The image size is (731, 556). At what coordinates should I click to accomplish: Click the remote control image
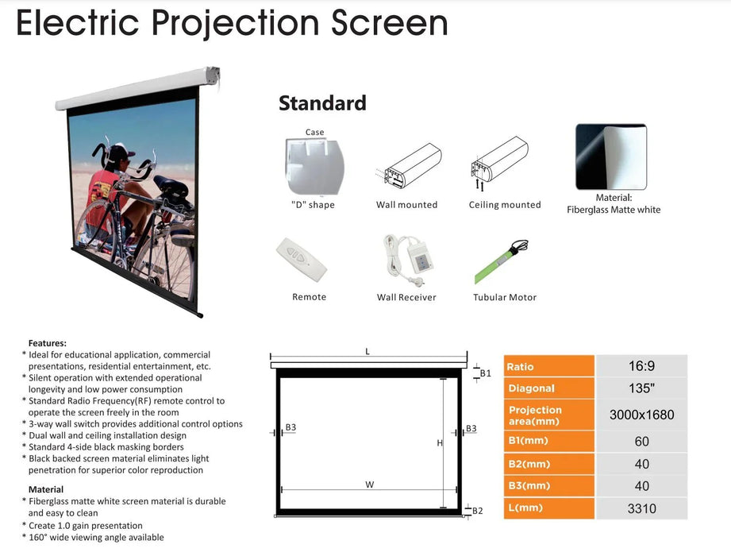click(x=302, y=260)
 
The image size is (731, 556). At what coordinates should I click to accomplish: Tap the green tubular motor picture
click(x=501, y=261)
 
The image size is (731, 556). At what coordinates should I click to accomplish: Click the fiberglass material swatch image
click(x=611, y=156)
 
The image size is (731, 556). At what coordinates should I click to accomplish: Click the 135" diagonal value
click(x=641, y=388)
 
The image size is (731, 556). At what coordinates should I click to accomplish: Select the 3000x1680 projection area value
click(x=641, y=415)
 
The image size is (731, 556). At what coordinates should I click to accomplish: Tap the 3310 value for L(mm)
click(x=641, y=508)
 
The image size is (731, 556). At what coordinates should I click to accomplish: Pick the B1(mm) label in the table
click(x=528, y=440)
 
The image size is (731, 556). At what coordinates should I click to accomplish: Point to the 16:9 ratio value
click(x=641, y=366)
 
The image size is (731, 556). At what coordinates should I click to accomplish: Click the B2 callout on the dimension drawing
click(x=477, y=511)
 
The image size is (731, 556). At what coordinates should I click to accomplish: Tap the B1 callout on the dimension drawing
click(x=485, y=373)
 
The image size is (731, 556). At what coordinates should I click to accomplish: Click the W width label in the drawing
click(x=370, y=485)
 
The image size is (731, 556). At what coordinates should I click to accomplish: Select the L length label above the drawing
click(x=367, y=351)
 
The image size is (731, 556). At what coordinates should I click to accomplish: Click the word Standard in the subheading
click(x=322, y=103)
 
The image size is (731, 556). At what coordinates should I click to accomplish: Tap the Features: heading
click(x=48, y=343)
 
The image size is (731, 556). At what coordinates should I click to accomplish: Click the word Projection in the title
click(x=236, y=23)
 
